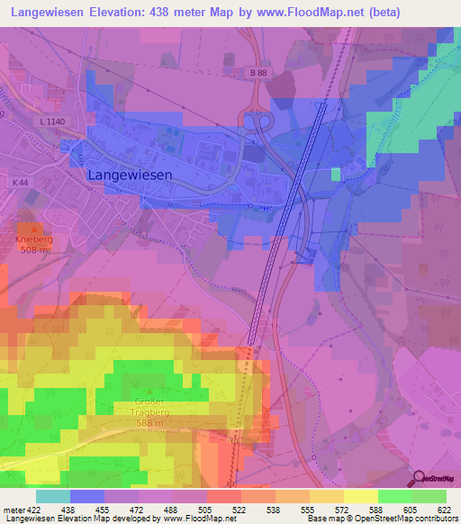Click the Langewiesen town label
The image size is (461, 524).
130,176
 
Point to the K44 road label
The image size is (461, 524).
21,183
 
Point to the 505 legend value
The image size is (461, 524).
206,509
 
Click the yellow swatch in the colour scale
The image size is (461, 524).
360,496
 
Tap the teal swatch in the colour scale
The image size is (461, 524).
52,496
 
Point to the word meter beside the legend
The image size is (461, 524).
13,509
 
